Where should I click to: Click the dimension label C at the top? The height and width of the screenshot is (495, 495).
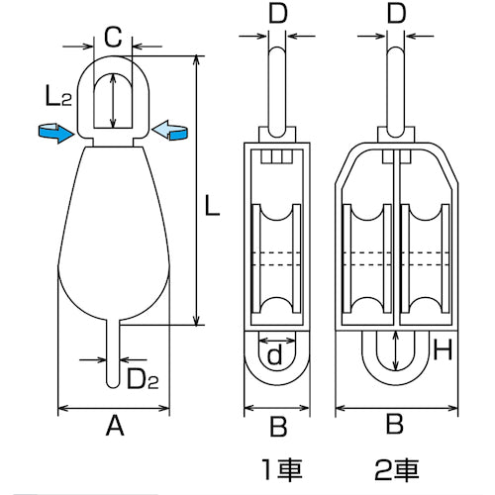tap(113, 38)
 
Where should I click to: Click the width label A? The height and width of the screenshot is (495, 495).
tap(114, 427)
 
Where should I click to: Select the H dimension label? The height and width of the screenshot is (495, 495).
tap(444, 348)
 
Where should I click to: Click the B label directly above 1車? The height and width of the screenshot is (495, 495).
tap(278, 427)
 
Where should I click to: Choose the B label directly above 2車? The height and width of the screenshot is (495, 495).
tap(395, 427)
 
